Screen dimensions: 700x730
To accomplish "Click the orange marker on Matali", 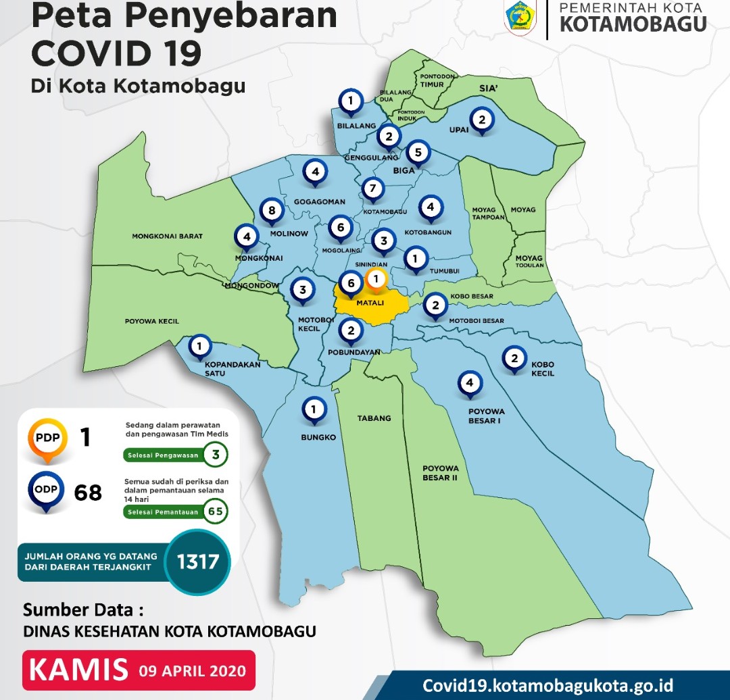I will point(376,278).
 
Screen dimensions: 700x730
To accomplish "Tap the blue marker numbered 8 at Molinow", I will point(272,211).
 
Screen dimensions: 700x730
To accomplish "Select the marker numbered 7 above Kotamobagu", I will point(372,189).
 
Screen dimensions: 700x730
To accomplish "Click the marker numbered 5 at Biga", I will point(418,153).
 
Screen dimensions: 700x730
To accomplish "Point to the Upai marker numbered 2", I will point(481,121).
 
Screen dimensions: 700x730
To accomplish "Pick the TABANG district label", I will point(374,418).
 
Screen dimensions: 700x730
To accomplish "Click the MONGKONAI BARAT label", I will point(168,236).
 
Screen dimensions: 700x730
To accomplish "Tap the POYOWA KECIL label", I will point(152,322).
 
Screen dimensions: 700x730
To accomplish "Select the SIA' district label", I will point(488,89).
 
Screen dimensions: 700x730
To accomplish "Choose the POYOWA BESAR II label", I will point(441,472).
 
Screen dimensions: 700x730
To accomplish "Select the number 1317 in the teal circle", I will point(197,561).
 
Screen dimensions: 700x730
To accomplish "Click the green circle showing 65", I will point(216,511).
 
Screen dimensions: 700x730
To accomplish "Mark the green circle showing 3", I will point(216,455).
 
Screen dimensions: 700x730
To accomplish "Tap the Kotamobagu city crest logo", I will point(520,18).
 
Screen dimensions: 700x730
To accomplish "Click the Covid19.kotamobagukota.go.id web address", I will point(547,684).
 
